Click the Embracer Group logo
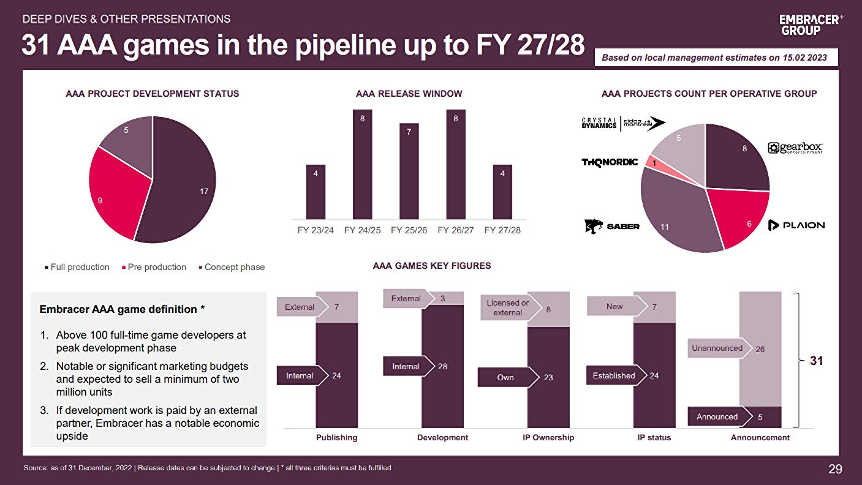point(811,24)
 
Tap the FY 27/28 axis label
point(502,231)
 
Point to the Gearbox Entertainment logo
point(795,148)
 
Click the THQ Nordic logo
point(610,162)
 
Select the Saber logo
point(612,227)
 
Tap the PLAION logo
point(796,225)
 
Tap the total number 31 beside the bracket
point(817,361)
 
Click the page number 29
point(835,470)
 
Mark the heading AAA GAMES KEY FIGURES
point(432,266)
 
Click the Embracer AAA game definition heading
point(118,309)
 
